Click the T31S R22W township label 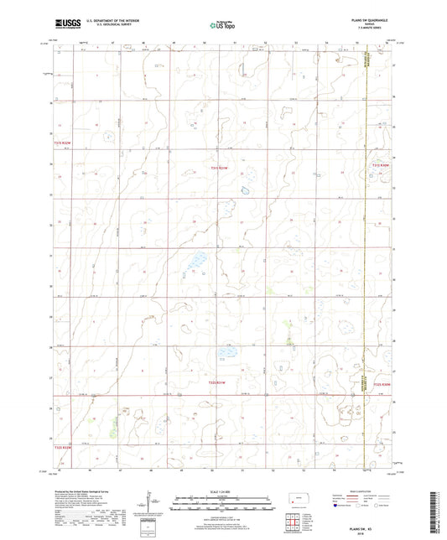pyautogui.click(x=61, y=144)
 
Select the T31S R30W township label pyautogui.click(x=382, y=166)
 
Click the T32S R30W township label pyautogui.click(x=382, y=384)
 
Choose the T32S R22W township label pyautogui.click(x=64, y=447)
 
